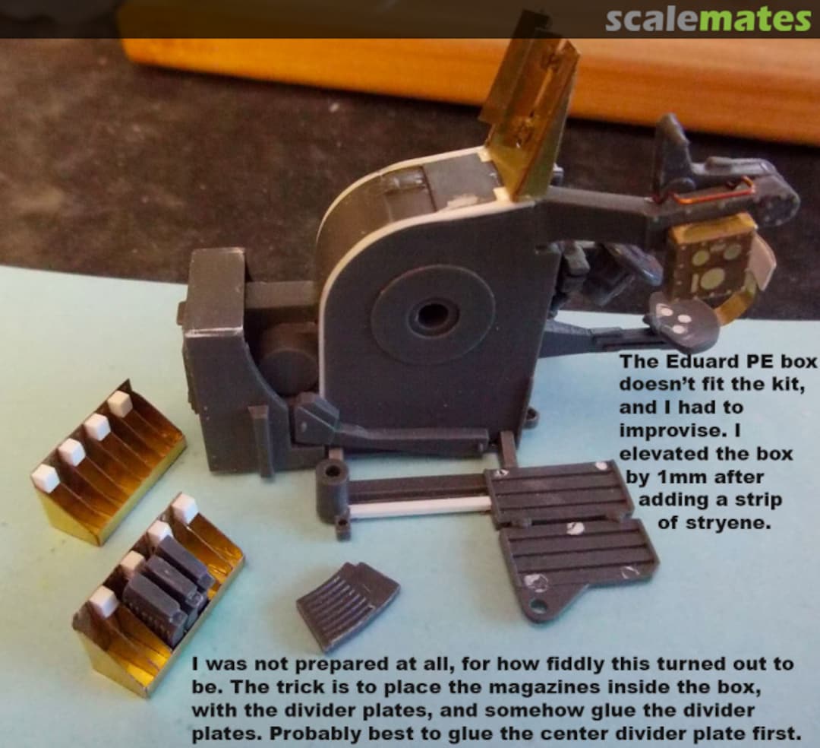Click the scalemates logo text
point(708,19)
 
